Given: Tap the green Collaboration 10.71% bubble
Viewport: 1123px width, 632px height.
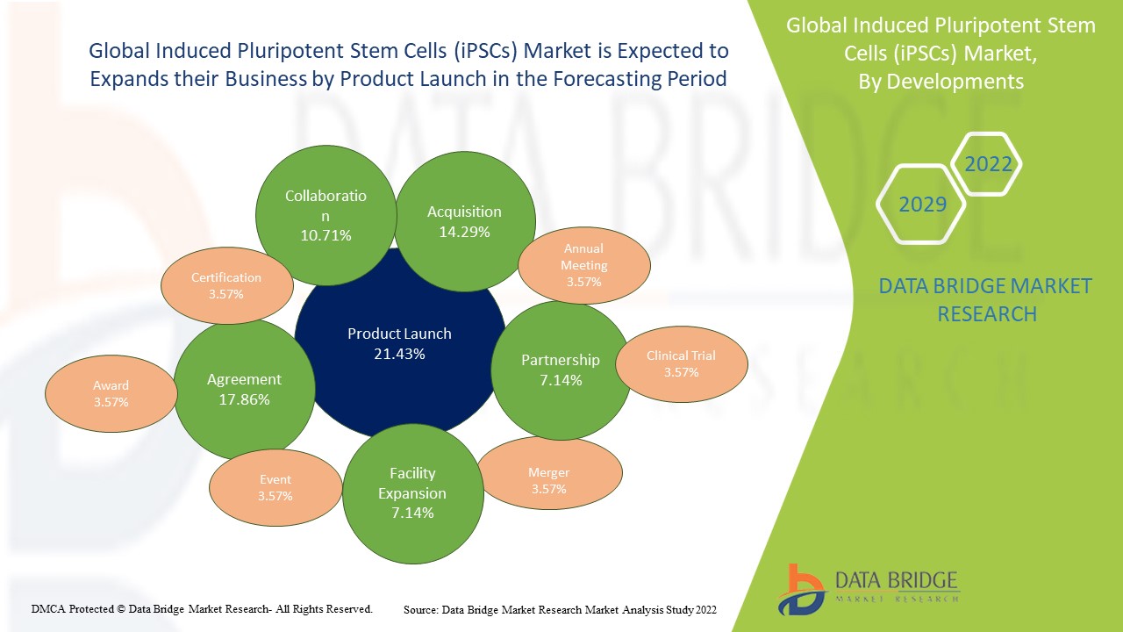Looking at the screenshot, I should [x=325, y=215].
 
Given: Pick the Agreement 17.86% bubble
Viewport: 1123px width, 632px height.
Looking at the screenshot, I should [x=244, y=389].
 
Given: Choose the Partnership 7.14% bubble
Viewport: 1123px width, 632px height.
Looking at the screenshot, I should [x=560, y=370].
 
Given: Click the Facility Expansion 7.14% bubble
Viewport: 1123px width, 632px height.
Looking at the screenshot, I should [x=412, y=492].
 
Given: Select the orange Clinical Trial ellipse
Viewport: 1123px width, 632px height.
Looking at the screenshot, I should [x=681, y=363].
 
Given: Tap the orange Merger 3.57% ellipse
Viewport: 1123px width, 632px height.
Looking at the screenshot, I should [x=548, y=480].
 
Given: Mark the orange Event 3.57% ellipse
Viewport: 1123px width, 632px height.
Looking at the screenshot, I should [x=275, y=487].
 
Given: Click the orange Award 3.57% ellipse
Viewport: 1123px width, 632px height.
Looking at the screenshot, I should [x=111, y=393].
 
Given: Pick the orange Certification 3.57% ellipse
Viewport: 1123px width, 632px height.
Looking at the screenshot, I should [x=226, y=285].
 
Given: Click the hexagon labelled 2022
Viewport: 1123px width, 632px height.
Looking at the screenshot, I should [x=988, y=164].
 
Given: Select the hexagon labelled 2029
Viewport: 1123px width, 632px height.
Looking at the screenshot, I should [x=922, y=205].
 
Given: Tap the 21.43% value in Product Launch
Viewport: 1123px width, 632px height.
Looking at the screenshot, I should [x=399, y=354].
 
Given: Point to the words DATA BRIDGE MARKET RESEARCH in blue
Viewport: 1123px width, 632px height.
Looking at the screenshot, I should [x=986, y=299].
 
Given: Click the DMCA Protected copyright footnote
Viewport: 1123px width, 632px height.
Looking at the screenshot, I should [x=202, y=608].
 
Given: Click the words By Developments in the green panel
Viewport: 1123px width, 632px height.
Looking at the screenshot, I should [x=941, y=82].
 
